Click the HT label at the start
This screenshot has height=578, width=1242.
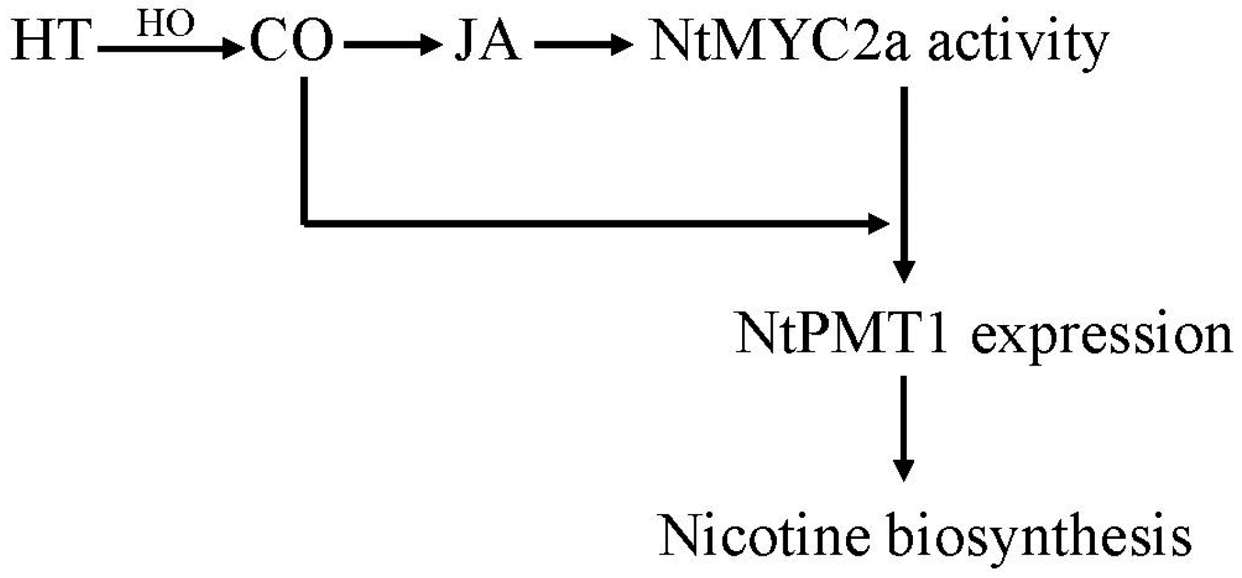pos(50,41)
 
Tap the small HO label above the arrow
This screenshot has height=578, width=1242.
pos(165,24)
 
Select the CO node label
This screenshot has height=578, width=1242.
pos(292,42)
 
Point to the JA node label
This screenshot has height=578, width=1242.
pos(488,42)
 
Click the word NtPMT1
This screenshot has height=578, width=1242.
pos(842,334)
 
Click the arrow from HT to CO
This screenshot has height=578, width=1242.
pos(169,48)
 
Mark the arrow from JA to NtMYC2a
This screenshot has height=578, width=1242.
pos(583,45)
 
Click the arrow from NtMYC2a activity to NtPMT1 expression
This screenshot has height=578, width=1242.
pos(904,183)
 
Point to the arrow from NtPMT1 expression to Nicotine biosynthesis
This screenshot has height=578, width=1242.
pos(904,428)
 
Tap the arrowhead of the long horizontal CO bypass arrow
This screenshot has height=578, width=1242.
pos(878,224)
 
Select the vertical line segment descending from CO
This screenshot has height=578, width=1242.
pos(304,150)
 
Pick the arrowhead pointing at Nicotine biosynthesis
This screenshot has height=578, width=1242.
pos(904,470)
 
